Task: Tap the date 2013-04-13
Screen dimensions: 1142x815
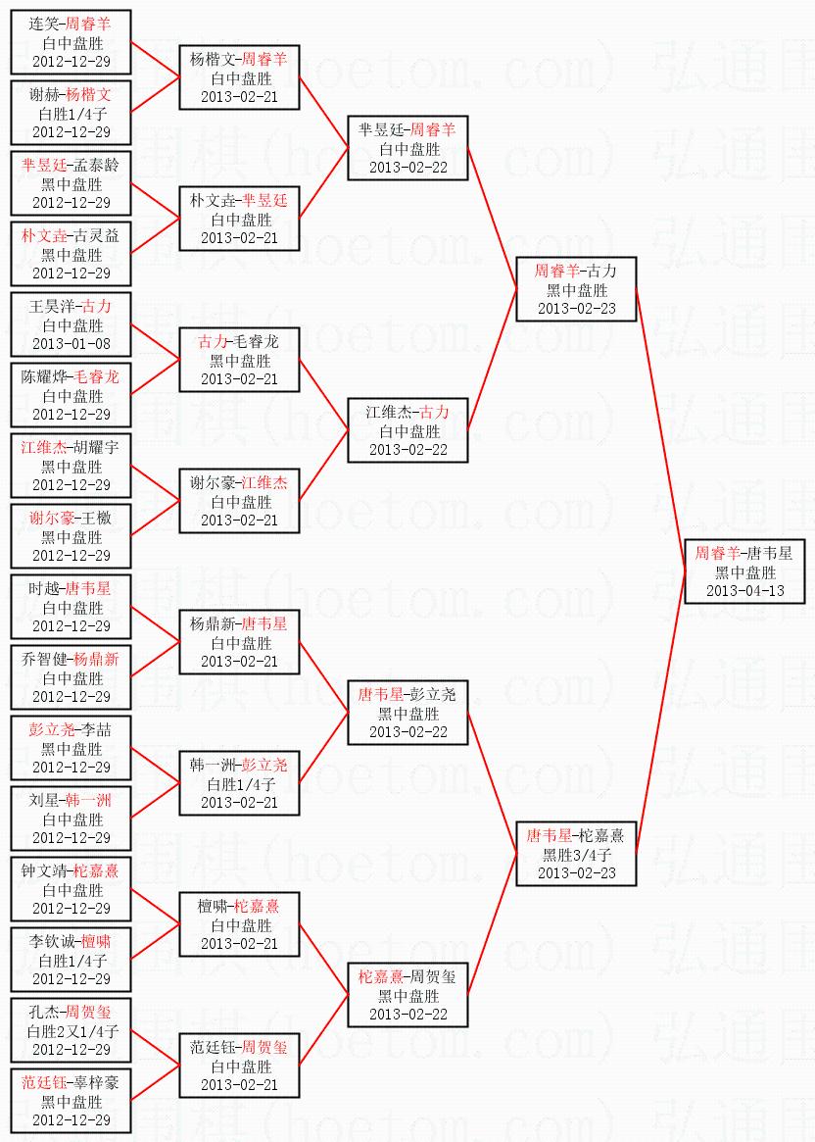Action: click(x=744, y=590)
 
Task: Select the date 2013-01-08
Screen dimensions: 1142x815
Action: click(x=72, y=344)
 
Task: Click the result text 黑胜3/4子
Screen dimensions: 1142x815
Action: click(x=577, y=855)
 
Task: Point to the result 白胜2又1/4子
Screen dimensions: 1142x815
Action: click(x=72, y=1031)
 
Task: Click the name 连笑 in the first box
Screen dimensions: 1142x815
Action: click(x=44, y=25)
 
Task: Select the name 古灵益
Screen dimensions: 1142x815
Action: click(x=95, y=236)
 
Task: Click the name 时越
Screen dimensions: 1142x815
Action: click(x=45, y=589)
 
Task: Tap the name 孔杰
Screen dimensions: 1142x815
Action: click(x=44, y=1013)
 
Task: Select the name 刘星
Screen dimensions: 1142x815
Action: click(x=45, y=801)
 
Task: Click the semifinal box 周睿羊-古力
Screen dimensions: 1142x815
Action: click(x=577, y=289)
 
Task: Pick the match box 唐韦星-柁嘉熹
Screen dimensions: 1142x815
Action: click(x=577, y=854)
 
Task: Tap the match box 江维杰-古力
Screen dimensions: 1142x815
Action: click(x=407, y=430)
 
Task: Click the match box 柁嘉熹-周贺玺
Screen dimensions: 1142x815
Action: click(x=407, y=995)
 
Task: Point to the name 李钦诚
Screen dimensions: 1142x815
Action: click(x=52, y=942)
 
